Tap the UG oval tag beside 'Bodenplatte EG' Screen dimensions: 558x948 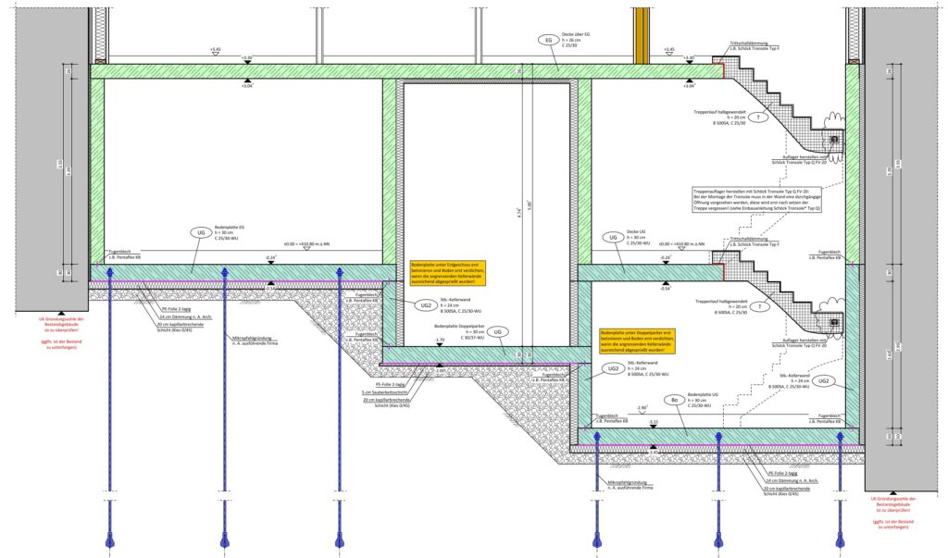coord(201,232)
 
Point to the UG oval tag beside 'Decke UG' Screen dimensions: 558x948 coord(612,238)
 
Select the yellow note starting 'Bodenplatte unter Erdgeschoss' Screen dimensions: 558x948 coord(448,273)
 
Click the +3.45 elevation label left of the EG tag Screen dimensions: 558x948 coord(216,49)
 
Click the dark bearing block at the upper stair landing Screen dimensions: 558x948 coord(834,139)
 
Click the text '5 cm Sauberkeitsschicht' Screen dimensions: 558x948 coord(393,392)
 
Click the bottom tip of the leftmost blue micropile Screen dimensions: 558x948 coord(110,542)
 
